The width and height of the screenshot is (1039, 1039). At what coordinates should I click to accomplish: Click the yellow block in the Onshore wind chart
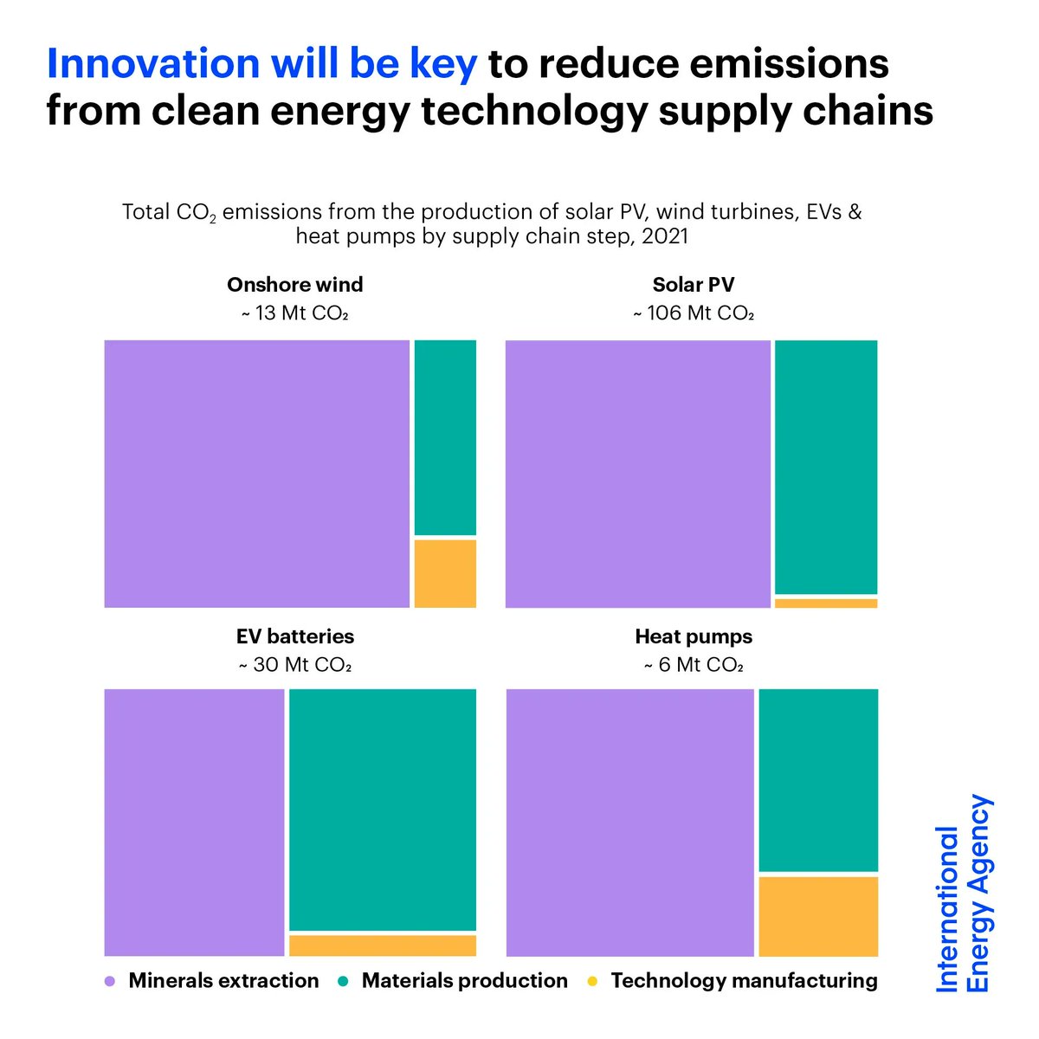coord(445,573)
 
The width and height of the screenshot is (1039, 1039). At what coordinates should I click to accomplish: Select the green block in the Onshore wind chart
coord(445,437)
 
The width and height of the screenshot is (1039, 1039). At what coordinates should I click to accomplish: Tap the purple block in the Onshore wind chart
coord(256,474)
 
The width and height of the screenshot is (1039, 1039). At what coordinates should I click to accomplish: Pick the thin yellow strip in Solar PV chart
coord(826,603)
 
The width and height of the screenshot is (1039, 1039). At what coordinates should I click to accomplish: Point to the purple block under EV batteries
coord(194,823)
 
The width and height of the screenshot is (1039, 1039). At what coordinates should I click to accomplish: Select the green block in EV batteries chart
coord(383,809)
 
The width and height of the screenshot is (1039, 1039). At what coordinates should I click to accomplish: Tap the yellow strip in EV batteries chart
coord(383,945)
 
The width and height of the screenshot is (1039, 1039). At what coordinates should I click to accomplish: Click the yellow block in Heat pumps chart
coord(818,916)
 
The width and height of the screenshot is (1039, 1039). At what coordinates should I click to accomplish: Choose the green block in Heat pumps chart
coord(818,779)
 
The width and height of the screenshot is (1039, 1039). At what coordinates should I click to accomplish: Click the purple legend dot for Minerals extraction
coord(110,982)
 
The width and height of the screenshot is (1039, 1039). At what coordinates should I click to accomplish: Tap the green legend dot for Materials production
coord(343,982)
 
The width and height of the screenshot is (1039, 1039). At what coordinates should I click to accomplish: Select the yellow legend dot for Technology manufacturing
coord(592,982)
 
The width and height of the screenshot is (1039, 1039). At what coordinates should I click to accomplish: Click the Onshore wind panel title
coord(294,285)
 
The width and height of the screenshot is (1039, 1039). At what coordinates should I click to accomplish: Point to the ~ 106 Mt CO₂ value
coord(694,313)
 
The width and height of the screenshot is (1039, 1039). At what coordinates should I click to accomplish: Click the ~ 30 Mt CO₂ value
coord(294,665)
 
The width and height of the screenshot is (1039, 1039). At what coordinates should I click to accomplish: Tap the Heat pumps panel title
coord(694,637)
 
